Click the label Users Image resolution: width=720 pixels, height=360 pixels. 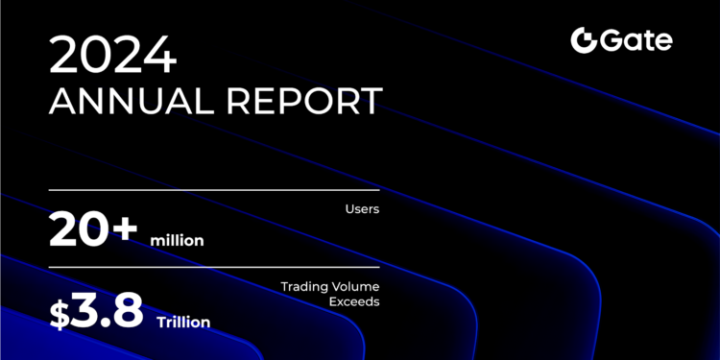click(x=364, y=208)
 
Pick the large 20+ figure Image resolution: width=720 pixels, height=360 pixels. click(x=94, y=232)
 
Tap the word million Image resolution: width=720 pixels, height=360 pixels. click(x=177, y=240)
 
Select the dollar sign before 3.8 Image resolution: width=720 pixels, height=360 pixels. click(x=60, y=313)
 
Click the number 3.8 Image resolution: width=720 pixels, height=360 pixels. click(x=108, y=310)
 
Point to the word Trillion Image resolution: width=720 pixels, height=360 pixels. click(x=182, y=322)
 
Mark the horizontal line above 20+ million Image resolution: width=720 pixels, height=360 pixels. click(x=213, y=190)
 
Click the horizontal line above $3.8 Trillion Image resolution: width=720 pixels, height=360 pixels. click(x=213, y=268)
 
